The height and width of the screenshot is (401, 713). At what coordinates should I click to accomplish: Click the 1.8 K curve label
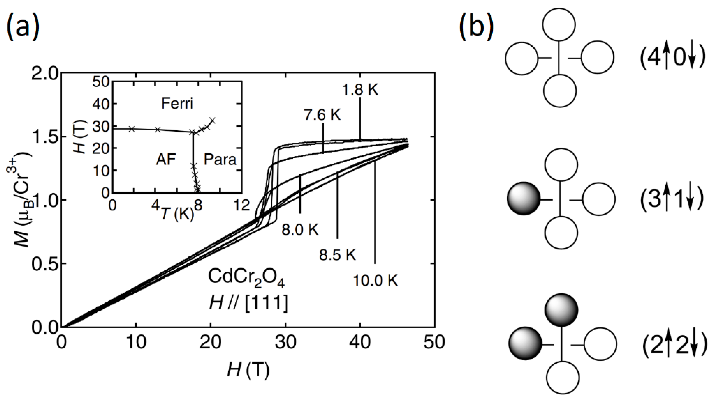(360, 90)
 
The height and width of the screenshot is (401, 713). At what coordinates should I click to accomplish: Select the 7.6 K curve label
(322, 115)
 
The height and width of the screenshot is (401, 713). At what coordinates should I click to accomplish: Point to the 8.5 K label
(337, 254)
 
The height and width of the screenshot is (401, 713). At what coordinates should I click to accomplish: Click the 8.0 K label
(300, 230)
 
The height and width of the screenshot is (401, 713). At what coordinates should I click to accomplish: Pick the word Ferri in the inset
(177, 104)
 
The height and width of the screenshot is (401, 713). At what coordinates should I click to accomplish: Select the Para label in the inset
(220, 160)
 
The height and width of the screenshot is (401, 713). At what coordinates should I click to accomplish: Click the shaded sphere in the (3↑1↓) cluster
(523, 199)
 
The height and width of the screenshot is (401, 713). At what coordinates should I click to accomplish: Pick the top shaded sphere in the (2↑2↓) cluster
(561, 309)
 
